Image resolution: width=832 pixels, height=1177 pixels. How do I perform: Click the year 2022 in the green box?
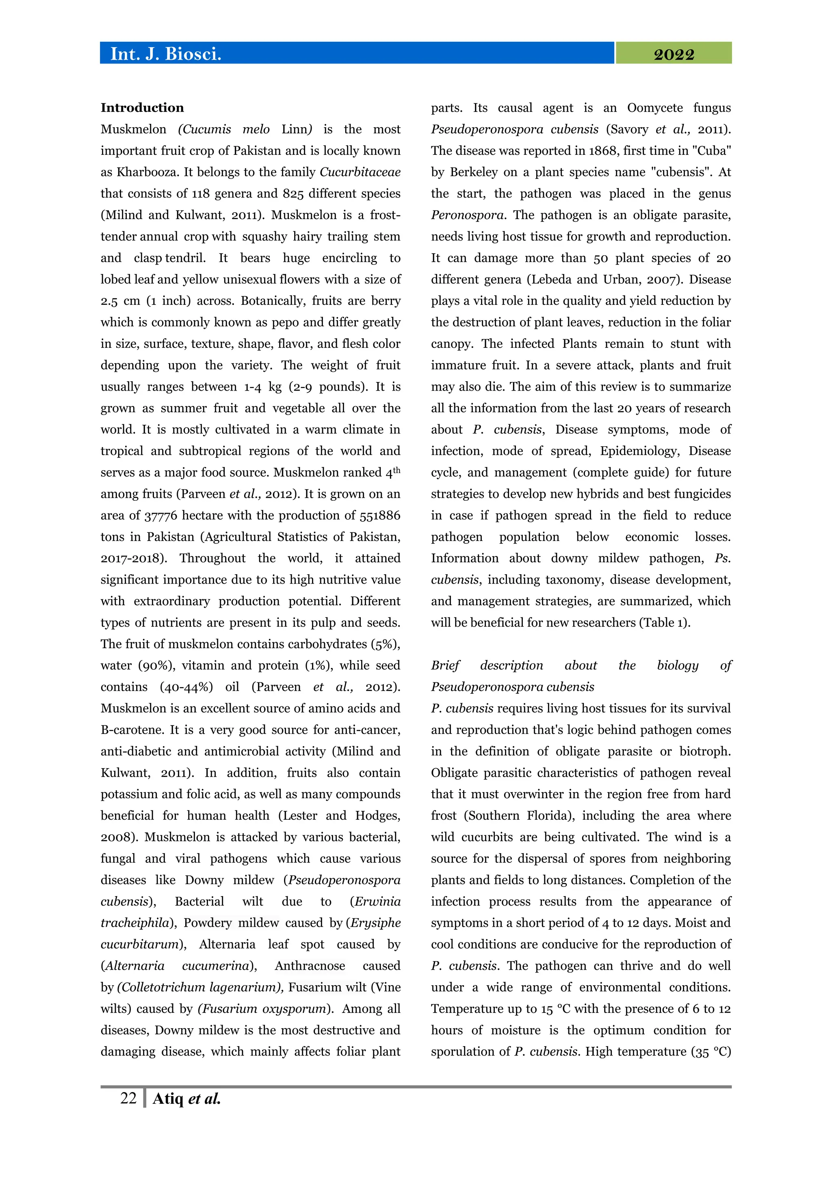coord(674,54)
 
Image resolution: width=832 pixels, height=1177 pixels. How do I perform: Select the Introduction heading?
coord(142,108)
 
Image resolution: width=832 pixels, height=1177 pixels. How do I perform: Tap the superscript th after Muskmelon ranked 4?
coord(396,469)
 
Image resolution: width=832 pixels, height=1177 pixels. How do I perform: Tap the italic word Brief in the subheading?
coord(445,665)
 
